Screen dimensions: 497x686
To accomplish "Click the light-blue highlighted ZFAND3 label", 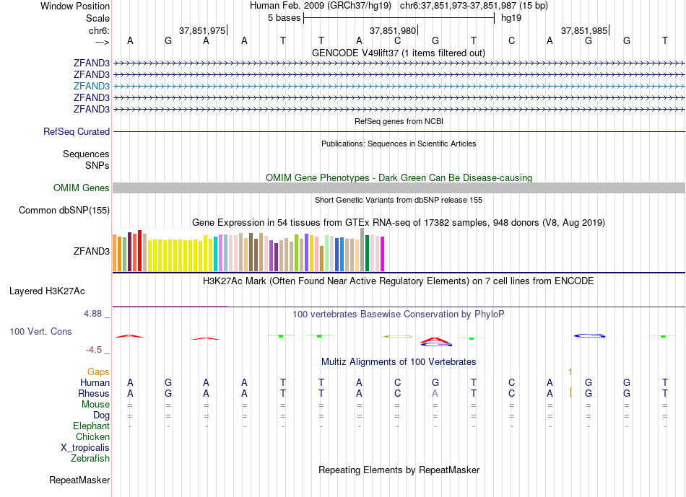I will point(92,86).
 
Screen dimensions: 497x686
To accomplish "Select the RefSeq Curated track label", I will point(77,132).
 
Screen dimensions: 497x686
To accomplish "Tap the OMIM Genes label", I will point(82,188).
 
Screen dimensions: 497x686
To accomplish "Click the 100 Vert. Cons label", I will point(40,332).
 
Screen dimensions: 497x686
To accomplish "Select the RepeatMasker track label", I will point(79,480).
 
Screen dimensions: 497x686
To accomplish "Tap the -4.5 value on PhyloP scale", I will point(95,350).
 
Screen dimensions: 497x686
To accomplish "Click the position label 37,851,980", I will point(393,31).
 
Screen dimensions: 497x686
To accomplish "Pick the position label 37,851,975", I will point(202,31).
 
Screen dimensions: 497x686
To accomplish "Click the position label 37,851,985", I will point(584,31).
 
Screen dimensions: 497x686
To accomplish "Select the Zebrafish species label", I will point(90,458).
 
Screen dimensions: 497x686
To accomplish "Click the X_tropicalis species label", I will point(85,447).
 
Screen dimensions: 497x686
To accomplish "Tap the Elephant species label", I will point(91,426).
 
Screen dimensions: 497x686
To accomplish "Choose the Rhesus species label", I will point(94,394).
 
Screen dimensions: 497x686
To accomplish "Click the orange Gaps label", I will point(98,372).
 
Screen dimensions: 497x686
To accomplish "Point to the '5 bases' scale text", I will point(284,18).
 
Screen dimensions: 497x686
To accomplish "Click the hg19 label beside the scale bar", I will point(511,18).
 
